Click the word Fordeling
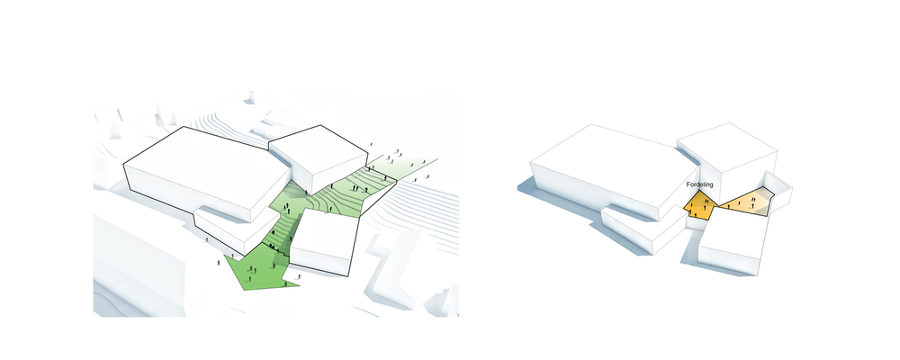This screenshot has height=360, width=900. coord(699,184)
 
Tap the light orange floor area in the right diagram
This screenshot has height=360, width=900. coord(746,202)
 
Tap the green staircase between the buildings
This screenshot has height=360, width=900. coord(284,229)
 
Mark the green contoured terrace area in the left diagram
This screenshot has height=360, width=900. coord(336,194)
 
